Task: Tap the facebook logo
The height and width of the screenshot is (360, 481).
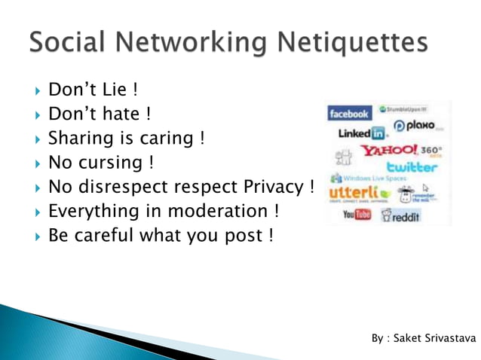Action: point(349,114)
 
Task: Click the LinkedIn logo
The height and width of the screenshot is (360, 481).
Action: point(361,133)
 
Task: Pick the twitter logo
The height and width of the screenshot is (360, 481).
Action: point(412,166)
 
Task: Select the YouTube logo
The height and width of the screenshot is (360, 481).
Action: point(357,215)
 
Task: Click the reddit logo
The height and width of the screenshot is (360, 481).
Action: point(401,216)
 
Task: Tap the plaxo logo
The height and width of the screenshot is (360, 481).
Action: point(415,126)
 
